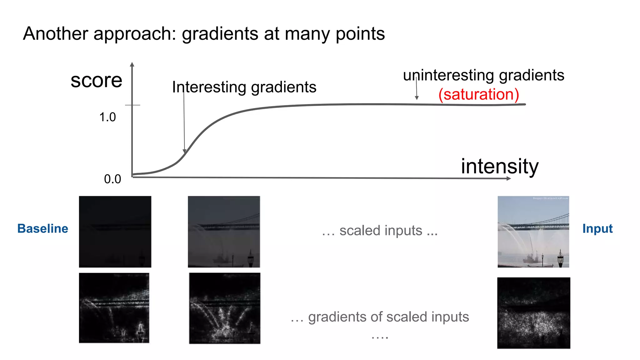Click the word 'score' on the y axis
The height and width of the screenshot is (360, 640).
[96, 81]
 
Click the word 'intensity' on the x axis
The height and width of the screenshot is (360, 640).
[499, 166]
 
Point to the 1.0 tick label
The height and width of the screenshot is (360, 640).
[107, 117]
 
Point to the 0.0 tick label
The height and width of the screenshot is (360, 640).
[112, 179]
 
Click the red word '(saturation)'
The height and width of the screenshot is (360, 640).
[478, 94]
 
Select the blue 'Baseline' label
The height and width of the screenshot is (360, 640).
[43, 228]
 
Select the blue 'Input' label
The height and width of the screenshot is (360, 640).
[597, 228]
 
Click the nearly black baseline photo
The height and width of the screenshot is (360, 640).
[115, 232]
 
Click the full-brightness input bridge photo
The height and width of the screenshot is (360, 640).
[533, 232]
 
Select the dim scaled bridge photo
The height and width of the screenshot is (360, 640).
[224, 232]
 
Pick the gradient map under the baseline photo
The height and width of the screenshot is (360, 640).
[114, 308]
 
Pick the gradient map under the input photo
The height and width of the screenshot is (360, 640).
[533, 313]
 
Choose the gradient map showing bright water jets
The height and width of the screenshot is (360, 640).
[224, 308]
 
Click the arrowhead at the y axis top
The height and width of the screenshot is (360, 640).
[132, 64]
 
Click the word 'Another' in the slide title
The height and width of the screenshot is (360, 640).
[55, 34]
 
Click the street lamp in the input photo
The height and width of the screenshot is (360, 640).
[560, 258]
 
